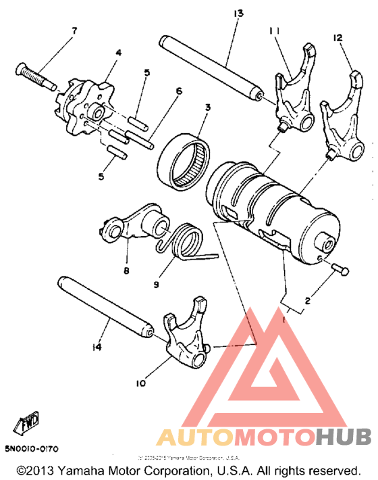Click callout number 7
[x=74, y=31]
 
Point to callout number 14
[x=97, y=347]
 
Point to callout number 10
[x=140, y=383]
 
